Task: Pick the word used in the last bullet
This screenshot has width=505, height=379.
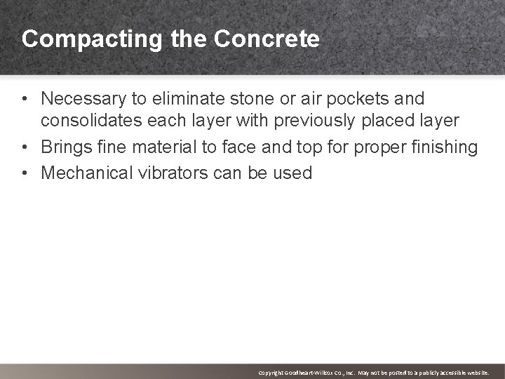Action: point(293,173)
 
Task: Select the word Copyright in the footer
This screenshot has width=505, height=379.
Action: point(271,372)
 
